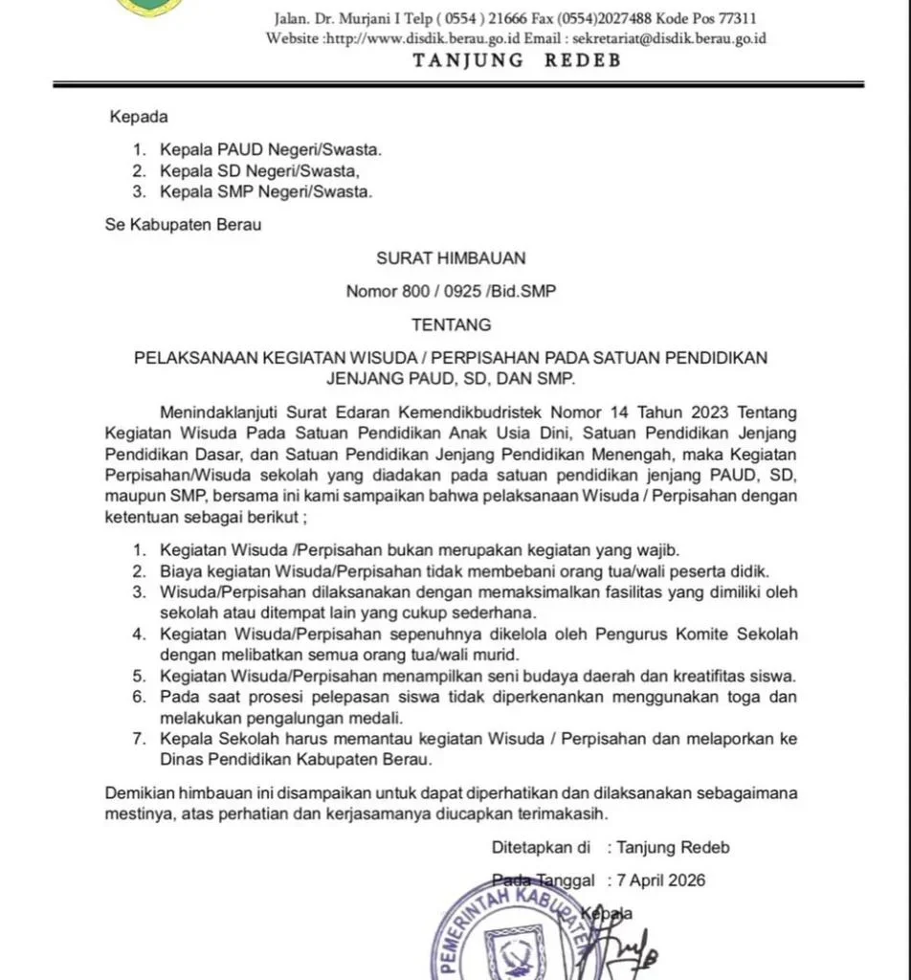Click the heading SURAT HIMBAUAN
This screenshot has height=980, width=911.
pos(450,257)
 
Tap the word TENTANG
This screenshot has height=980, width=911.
pos(451,324)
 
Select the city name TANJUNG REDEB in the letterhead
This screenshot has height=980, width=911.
pos(517,60)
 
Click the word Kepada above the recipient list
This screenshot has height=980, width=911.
pos(139,117)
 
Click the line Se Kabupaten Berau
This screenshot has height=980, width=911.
pos(183,225)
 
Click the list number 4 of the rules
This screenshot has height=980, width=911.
pos(139,635)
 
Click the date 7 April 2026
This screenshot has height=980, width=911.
pos(661,880)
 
